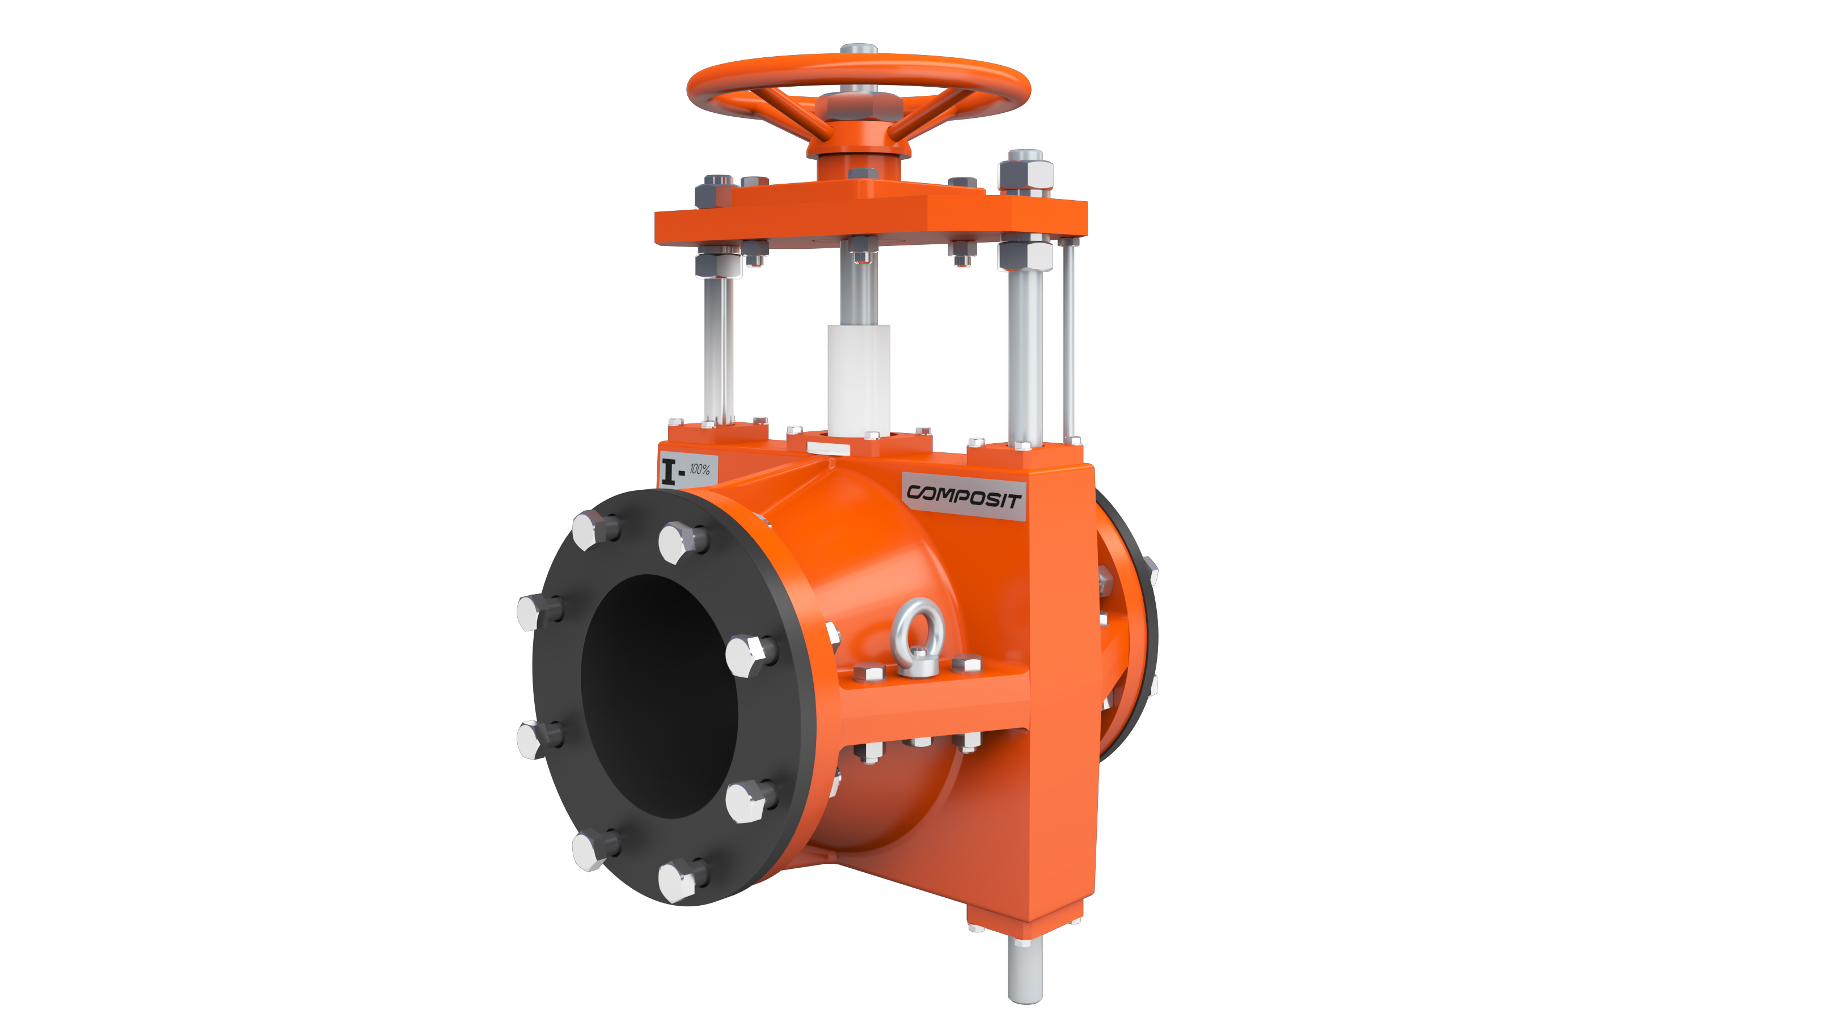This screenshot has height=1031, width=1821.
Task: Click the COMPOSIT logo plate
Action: (964, 496)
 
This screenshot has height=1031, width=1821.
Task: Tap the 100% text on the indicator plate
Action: (700, 469)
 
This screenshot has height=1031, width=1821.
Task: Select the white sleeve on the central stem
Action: (859, 380)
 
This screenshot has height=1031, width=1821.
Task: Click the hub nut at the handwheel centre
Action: (859, 106)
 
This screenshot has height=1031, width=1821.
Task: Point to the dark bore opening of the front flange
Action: (659, 696)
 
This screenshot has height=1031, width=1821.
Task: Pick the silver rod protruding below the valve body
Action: (1025, 970)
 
